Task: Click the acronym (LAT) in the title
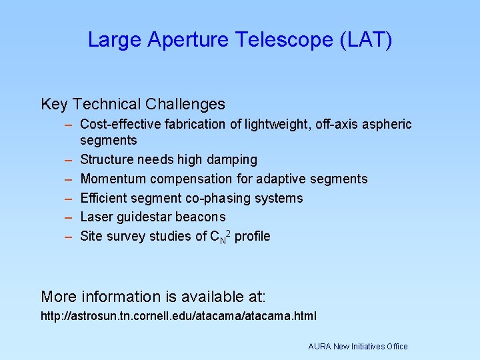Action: tap(365, 40)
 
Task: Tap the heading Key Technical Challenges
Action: tap(133, 104)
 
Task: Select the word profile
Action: tap(253, 237)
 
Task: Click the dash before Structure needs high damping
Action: tap(69, 160)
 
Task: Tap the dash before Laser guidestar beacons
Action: tap(69, 217)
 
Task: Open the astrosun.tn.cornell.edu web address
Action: tap(179, 315)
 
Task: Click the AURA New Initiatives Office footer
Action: tap(357, 346)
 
